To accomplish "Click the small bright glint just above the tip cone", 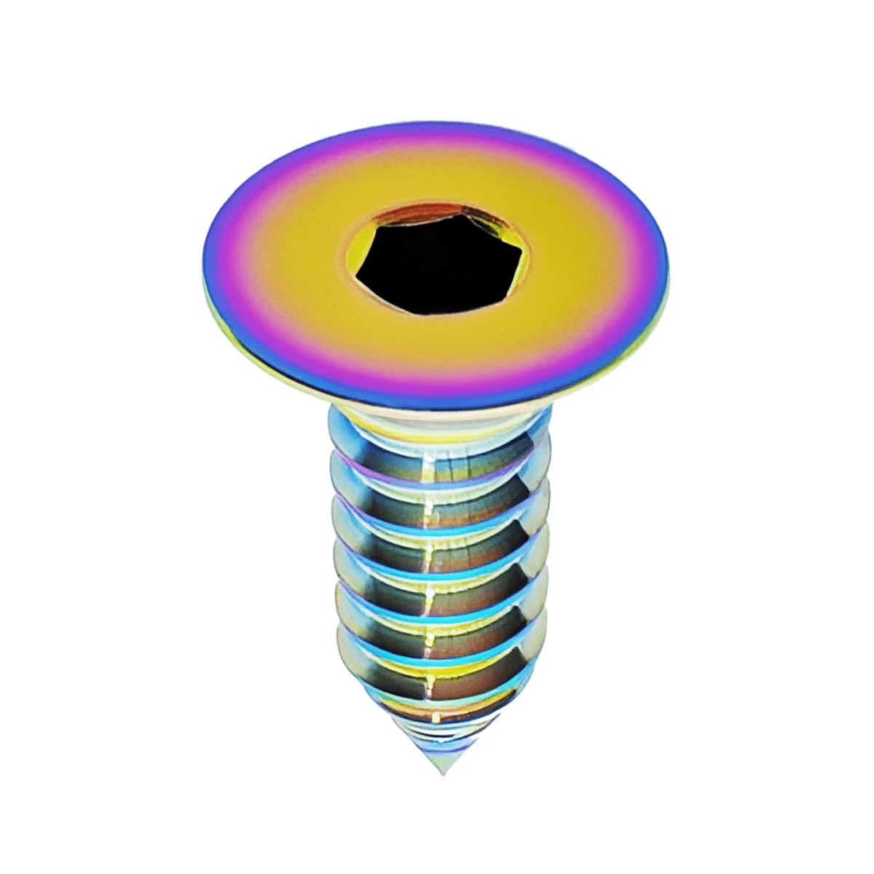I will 437,718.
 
